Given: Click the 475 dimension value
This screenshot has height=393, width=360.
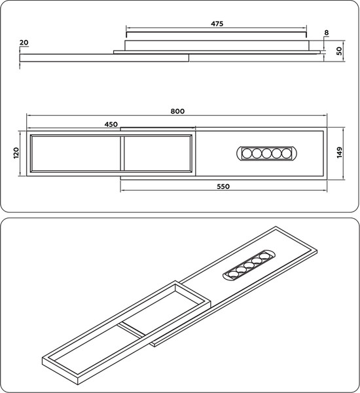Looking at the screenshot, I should pyautogui.click(x=217, y=24).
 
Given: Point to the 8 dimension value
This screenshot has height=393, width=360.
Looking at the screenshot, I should pyautogui.click(x=327, y=31).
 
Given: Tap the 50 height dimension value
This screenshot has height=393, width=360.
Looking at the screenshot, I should pyautogui.click(x=340, y=50).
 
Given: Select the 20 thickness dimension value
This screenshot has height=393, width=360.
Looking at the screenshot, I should pyautogui.click(x=24, y=43).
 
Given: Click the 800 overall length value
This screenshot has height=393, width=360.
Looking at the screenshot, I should pyautogui.click(x=177, y=111).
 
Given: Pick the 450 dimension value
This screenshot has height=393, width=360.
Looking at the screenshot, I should pyautogui.click(x=111, y=124).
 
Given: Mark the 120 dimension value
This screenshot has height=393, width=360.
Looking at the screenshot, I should pyautogui.click(x=16, y=153).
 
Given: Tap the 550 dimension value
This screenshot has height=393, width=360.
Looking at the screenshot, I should pyautogui.click(x=223, y=187).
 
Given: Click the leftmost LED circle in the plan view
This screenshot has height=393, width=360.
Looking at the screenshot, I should pyautogui.click(x=247, y=154).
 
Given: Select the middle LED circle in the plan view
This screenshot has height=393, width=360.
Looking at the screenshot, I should pyautogui.click(x=266, y=154).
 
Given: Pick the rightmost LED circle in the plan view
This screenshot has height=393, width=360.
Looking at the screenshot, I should pyautogui.click(x=286, y=154).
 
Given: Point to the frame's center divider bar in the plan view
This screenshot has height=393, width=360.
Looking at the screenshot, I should pyautogui.click(x=122, y=154).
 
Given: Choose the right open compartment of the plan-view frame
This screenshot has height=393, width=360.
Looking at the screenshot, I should pyautogui.click(x=157, y=154).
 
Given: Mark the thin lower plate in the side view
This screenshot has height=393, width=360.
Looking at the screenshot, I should pyautogui.click(x=105, y=58).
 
